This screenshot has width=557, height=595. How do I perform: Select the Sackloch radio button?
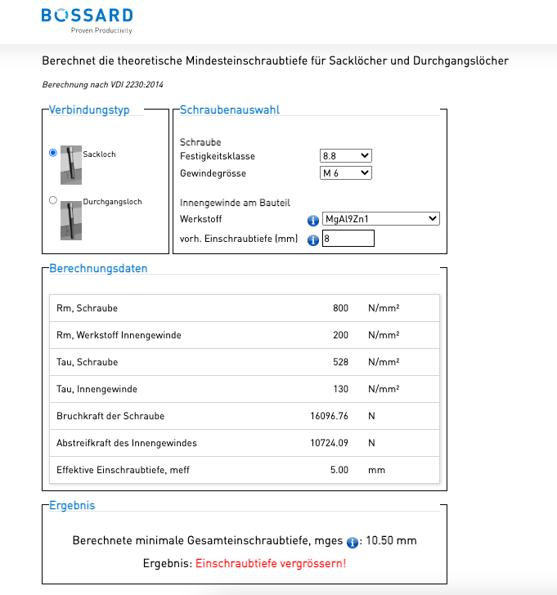53,153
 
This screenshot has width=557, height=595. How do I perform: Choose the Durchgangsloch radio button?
53,200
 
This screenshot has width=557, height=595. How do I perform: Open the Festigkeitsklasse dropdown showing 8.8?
346,155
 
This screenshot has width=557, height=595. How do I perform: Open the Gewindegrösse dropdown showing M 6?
346,173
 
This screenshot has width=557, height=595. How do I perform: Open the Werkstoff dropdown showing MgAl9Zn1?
381,219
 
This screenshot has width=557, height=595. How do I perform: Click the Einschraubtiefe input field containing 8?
348,239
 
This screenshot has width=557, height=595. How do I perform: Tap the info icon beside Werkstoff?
312,220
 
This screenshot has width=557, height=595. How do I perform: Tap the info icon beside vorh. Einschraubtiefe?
312,239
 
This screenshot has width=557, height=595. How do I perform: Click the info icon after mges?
353,542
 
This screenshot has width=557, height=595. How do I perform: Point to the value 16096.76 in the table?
330,416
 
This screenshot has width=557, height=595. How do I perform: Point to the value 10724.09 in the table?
330,443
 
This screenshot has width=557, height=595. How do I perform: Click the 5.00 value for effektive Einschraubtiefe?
338,470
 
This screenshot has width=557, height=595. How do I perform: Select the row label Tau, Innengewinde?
97,389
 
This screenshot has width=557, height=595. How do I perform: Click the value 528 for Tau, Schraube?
339,362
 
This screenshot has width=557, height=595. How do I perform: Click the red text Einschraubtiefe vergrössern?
271,564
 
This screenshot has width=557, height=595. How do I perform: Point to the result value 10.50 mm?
391,541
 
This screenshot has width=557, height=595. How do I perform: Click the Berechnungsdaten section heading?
98,268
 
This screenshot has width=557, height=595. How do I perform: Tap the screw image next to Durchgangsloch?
71,220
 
